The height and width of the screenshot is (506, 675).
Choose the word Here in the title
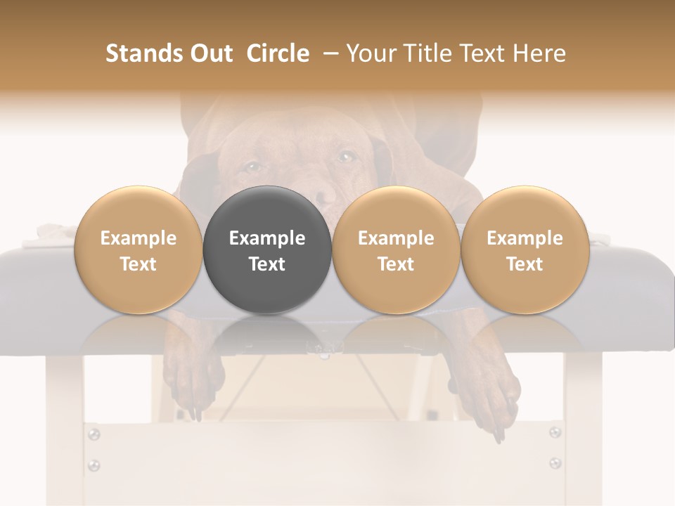tap(539, 53)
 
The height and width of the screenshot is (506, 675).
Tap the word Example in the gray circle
tap(267, 238)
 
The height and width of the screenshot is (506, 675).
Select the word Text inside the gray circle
tap(267, 264)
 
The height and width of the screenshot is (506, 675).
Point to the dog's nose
tap(325, 197)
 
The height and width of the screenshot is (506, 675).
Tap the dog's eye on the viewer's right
tap(346, 157)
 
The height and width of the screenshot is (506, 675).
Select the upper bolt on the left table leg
tap(94, 435)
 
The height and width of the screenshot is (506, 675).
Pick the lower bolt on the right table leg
tap(555, 462)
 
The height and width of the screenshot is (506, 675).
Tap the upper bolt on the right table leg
tap(555, 432)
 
